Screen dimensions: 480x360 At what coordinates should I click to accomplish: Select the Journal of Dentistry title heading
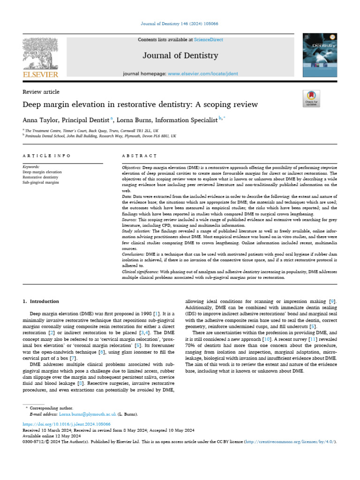(180, 56)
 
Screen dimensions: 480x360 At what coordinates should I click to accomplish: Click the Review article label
(41, 92)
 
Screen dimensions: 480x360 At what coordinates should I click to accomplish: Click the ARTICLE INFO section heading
(47, 155)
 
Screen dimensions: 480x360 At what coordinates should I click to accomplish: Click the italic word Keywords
(32, 166)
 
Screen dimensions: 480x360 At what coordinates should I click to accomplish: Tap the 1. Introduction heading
(41, 301)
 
